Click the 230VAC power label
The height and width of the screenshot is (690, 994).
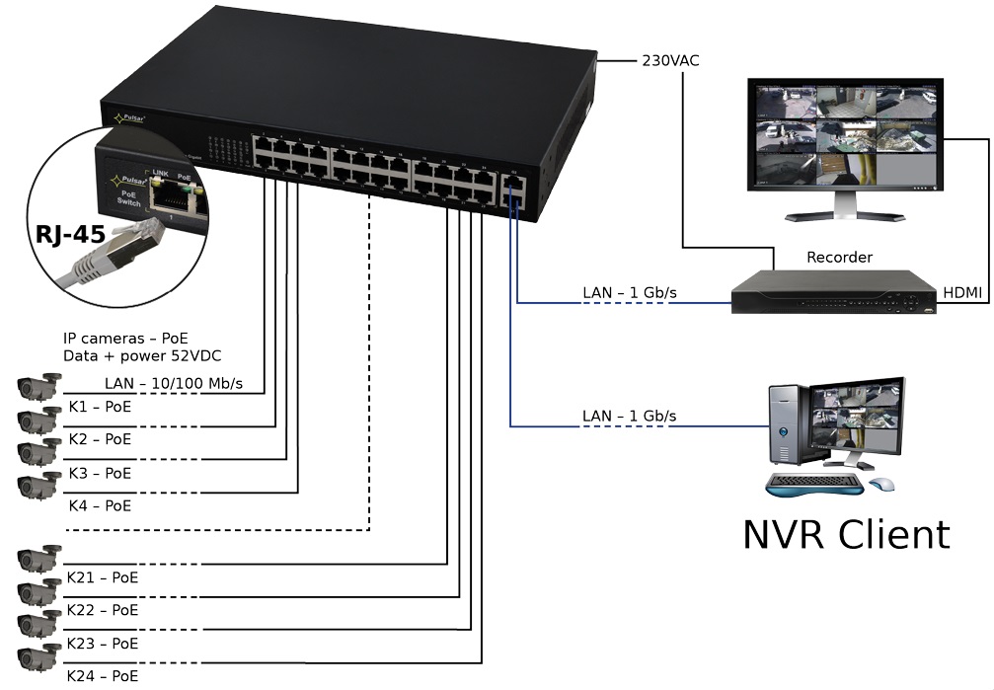pos(670,61)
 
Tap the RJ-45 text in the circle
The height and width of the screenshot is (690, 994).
pos(71,235)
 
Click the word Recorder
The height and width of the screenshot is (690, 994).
pos(839,258)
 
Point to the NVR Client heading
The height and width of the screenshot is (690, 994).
pos(846,534)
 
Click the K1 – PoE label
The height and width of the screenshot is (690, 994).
pos(100,406)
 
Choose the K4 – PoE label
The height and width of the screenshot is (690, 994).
pos(100,505)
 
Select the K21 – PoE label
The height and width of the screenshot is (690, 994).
pos(102,577)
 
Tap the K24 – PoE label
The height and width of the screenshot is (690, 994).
pos(102,676)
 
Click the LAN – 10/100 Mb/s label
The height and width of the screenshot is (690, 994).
pos(173,383)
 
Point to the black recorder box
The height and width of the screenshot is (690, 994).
pos(833,294)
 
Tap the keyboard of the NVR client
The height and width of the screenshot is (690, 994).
pos(815,485)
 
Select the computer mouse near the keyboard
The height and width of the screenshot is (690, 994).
pos(881,485)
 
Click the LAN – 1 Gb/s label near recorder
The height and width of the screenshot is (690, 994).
pos(629,293)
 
